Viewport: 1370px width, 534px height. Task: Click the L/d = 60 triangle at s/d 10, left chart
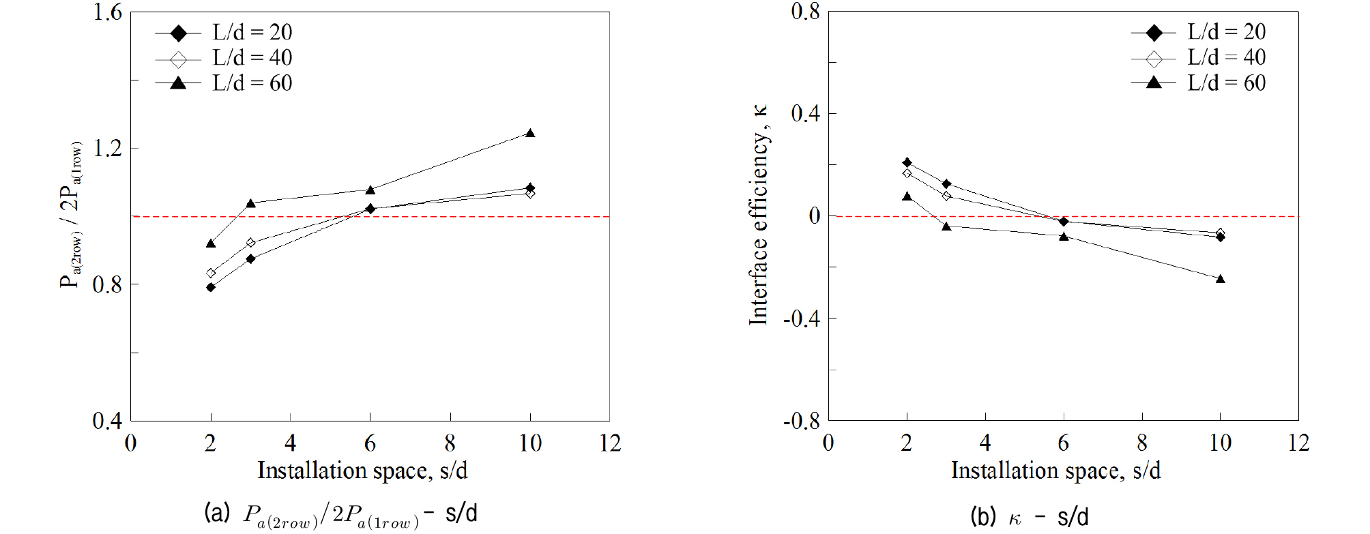530,133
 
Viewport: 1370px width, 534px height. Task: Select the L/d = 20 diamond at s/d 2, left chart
211,287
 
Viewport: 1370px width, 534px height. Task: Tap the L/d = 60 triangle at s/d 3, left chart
250,203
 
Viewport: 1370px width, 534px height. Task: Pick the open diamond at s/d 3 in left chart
250,243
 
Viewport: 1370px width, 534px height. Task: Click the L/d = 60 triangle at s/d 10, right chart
1221,279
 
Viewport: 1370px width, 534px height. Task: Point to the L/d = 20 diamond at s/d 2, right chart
907,162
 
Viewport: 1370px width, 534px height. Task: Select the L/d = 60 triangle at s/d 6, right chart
1064,237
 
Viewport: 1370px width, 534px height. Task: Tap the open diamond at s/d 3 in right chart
946,196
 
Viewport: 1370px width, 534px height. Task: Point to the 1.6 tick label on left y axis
107,12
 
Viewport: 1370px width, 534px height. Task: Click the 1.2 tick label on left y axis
107,148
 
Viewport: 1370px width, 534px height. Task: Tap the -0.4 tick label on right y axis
801,318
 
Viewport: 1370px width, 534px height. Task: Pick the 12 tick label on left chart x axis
610,443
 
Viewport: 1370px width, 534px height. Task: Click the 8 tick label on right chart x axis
1142,443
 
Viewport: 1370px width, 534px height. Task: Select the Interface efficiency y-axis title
759,216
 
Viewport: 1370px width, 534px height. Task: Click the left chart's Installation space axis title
362,471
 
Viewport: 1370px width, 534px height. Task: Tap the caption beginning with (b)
1030,517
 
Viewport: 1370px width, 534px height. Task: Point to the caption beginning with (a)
340,514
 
